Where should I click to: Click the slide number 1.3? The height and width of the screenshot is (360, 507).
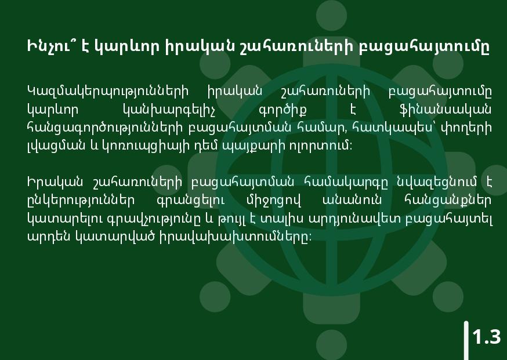(487, 337)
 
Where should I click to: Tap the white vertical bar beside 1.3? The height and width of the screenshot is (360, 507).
(466, 341)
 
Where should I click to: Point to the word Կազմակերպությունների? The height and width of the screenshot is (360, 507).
(108, 92)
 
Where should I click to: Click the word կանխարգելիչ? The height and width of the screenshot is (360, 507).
(169, 111)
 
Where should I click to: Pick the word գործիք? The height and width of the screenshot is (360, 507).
(283, 111)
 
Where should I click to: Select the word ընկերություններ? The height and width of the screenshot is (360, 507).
(81, 201)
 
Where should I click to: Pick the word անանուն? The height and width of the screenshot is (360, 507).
(352, 201)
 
